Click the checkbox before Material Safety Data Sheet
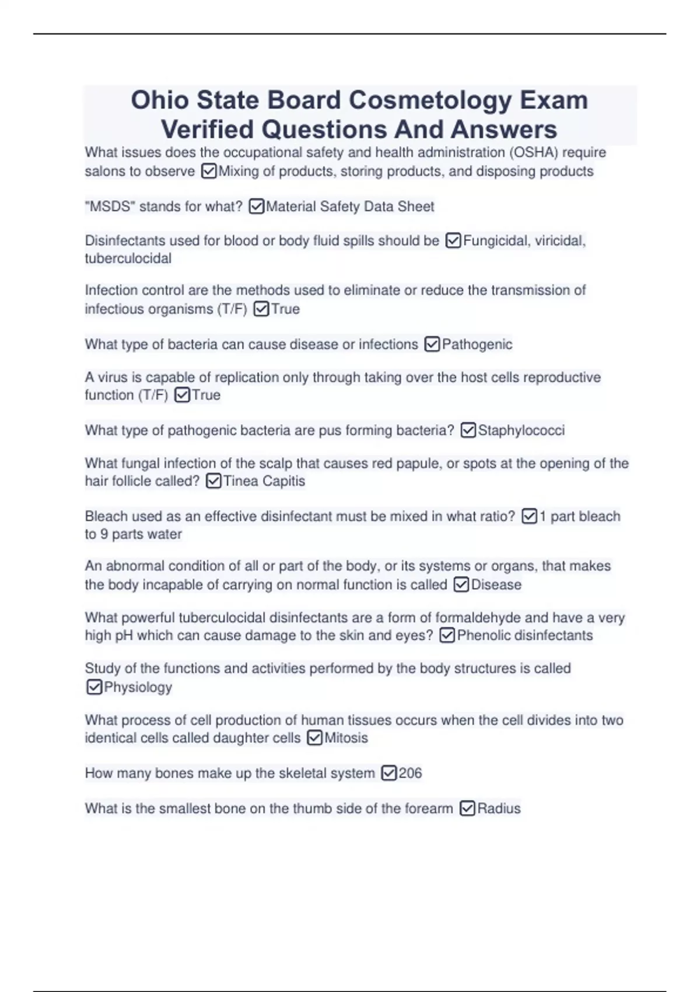(257, 207)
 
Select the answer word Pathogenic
(477, 344)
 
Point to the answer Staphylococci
(521, 431)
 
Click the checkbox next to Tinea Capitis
(214, 481)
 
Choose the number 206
(410, 773)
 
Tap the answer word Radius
(499, 809)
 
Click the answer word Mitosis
(346, 738)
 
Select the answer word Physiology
(138, 687)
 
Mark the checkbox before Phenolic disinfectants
(447, 635)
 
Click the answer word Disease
(496, 585)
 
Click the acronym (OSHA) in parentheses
(533, 153)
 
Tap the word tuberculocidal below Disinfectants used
(128, 259)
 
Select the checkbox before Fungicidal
(453, 241)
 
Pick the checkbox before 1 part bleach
(529, 516)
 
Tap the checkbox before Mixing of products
(208, 172)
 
